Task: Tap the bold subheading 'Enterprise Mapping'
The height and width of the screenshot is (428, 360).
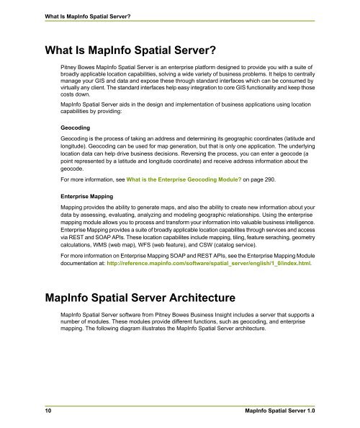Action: [x=89, y=195]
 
